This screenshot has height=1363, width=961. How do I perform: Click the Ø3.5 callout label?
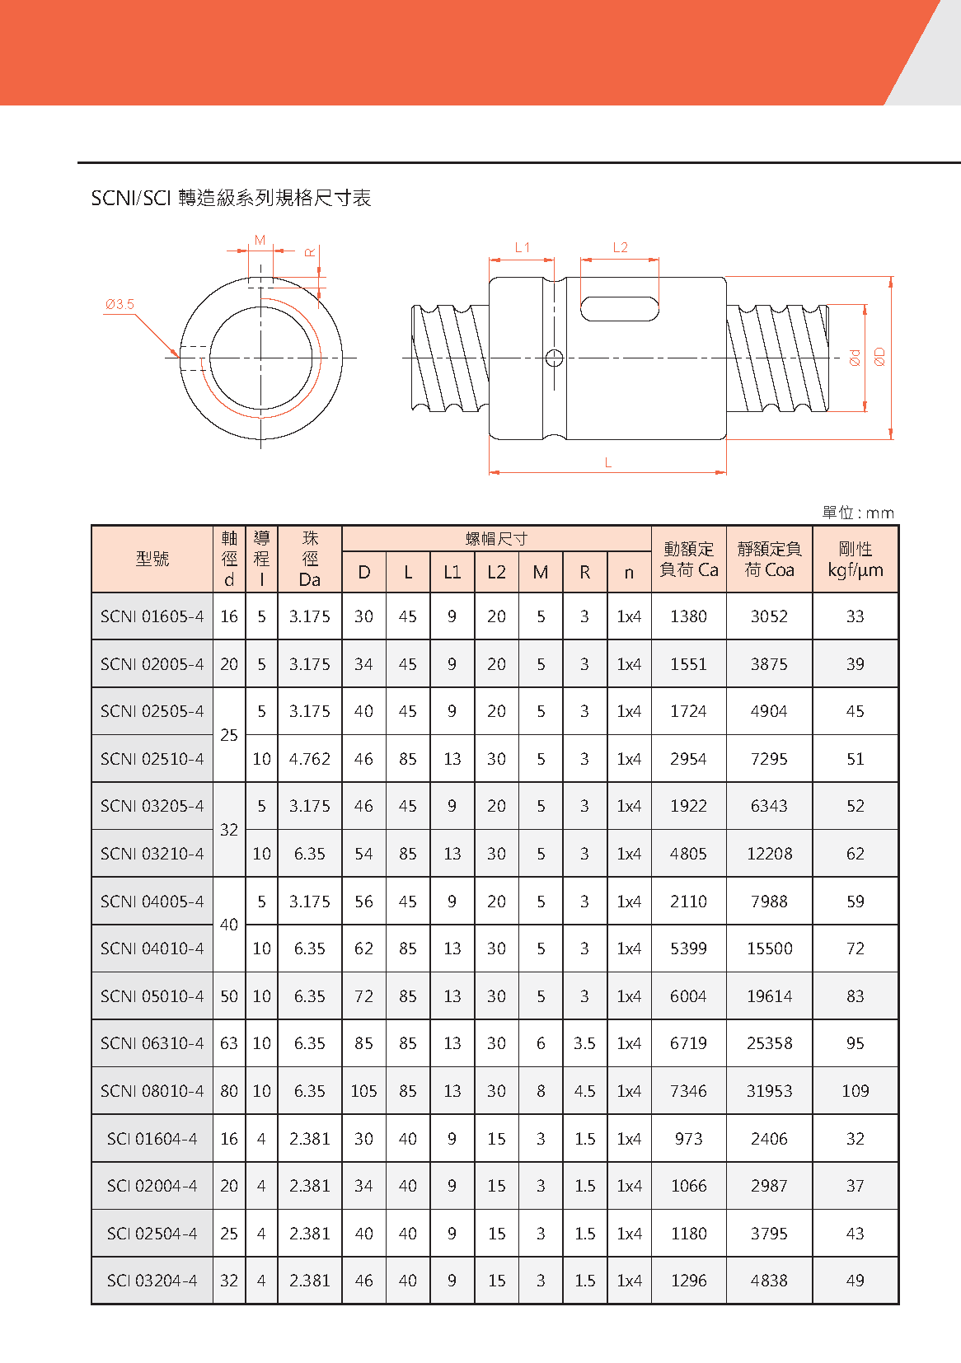[x=120, y=304]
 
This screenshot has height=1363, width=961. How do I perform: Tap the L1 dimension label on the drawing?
[x=523, y=247]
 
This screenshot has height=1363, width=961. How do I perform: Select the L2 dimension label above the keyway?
[x=620, y=247]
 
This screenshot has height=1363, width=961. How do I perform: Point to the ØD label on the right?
[x=879, y=357]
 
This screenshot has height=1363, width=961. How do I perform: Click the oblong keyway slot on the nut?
[x=620, y=309]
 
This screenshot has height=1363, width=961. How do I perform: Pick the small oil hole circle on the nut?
[x=555, y=358]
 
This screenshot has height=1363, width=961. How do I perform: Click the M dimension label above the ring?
[x=260, y=241]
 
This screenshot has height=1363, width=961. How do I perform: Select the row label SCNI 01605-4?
[x=152, y=616]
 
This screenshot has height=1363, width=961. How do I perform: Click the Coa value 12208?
[x=769, y=854]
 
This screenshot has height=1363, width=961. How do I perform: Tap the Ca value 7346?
[x=688, y=1091]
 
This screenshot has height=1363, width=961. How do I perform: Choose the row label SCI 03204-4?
[x=152, y=1281]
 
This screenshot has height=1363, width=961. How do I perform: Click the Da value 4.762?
[x=309, y=759]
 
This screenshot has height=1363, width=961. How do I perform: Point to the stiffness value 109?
[x=855, y=1091]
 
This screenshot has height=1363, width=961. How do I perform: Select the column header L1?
[x=452, y=572]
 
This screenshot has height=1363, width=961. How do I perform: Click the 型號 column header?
[x=152, y=559]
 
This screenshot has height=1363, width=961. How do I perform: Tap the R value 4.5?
[x=584, y=1091]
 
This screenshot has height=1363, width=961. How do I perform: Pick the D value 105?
[x=363, y=1091]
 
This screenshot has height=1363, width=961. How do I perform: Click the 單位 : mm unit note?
[x=857, y=513]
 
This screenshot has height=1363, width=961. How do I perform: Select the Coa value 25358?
[x=769, y=1043]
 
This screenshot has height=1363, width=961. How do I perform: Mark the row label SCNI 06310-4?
[x=152, y=1043]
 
